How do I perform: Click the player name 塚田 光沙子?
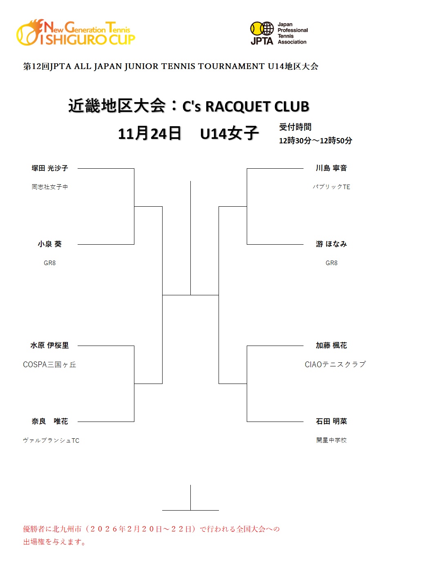(50, 168)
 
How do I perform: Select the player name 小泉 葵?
(50, 244)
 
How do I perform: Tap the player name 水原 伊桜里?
(50, 346)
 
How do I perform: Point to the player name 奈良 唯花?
(50, 422)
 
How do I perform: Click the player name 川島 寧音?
(331, 168)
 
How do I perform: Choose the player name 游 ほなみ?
(331, 244)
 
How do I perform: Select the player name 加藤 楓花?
(331, 346)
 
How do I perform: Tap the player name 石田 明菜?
(331, 422)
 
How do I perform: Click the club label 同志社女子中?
(50, 187)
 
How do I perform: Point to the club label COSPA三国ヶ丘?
(50, 365)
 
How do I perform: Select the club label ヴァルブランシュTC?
(51, 441)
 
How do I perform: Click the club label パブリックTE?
(331, 187)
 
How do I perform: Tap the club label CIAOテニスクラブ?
(335, 365)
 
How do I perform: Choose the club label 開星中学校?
(331, 440)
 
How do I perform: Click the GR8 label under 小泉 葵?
(50, 263)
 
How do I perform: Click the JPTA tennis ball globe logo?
(262, 29)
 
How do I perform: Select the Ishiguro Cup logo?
(76, 33)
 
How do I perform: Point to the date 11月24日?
(150, 134)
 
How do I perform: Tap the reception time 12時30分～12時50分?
(315, 141)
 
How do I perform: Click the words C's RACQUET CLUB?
(246, 107)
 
